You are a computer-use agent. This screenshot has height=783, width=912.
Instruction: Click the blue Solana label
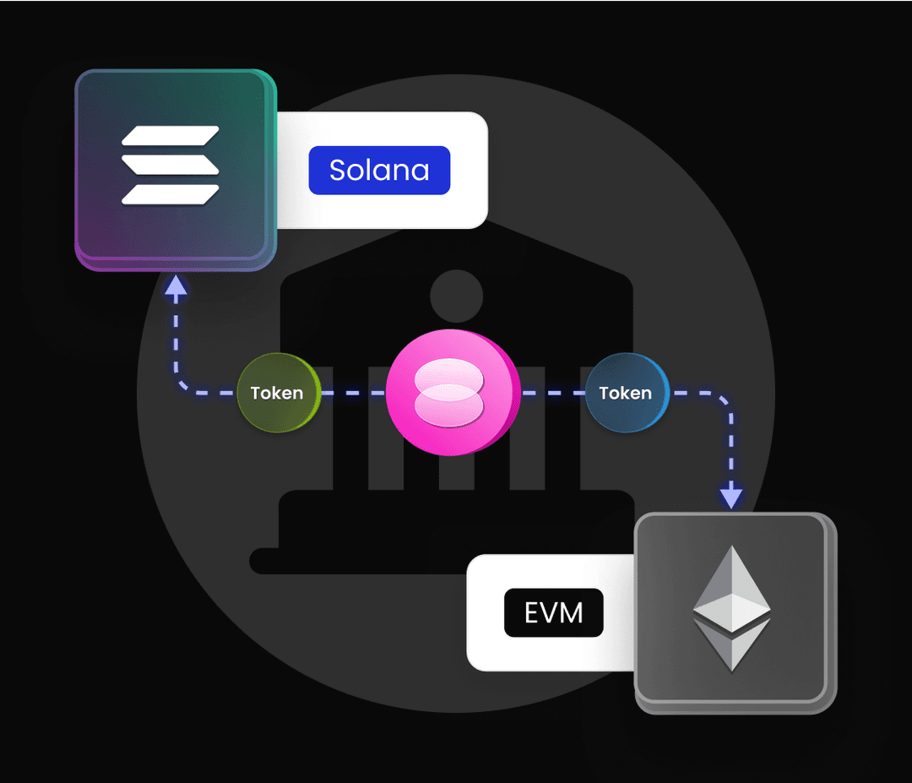coord(379,171)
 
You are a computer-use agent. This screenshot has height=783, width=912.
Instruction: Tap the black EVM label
coord(553,612)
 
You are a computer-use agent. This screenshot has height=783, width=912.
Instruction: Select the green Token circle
coord(278,393)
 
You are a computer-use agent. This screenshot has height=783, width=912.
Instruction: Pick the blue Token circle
coord(626,393)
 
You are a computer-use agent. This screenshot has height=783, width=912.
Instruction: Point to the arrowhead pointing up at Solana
coord(176,287)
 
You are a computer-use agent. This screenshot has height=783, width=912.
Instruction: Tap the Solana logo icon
coord(171,166)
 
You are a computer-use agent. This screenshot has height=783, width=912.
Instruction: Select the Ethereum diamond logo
coord(731,608)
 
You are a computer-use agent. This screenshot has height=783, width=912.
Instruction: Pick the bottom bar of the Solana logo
coord(171,194)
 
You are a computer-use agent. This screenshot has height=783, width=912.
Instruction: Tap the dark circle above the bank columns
coord(456,296)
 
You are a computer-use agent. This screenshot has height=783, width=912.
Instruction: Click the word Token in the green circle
coord(277,394)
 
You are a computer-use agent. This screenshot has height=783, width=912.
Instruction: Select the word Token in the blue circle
coord(625,394)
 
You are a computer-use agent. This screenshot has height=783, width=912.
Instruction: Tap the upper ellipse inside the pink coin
coord(449,377)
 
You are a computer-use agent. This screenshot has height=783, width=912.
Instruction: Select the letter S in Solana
coord(336,171)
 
